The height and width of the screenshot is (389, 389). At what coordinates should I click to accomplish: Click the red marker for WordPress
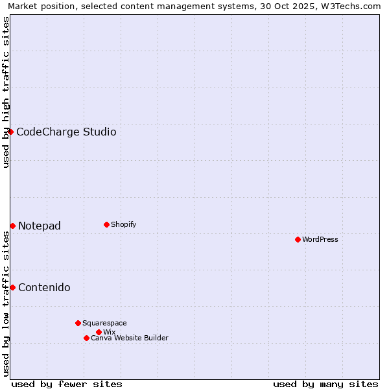[x=298, y=239]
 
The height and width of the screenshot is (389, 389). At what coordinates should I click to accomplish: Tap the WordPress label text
[x=320, y=239]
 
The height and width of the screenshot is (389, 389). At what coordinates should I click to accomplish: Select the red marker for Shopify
[x=106, y=224]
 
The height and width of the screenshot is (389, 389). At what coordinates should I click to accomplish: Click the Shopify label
[x=124, y=224]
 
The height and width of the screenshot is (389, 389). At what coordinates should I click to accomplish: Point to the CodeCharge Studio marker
[x=10, y=132]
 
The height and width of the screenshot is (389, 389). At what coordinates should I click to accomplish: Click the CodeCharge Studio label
[x=66, y=132]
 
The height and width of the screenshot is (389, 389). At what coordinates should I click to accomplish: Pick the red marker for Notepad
[x=12, y=226]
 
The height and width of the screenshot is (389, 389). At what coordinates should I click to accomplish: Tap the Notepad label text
[x=40, y=226]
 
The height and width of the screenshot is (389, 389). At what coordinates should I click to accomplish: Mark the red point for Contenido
[x=12, y=287]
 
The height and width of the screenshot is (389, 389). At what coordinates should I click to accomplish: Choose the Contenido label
[x=44, y=287]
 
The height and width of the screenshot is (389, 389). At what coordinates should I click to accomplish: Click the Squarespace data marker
[x=78, y=323]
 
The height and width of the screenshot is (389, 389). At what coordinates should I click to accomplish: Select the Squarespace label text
[x=105, y=323]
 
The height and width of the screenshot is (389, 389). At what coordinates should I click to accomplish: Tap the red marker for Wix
[x=99, y=332]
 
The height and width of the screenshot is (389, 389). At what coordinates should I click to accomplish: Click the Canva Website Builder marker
[x=86, y=338]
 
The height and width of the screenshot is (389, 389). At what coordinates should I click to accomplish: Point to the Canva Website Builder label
[x=130, y=338]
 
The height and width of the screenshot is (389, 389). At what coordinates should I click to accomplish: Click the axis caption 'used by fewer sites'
[x=67, y=384]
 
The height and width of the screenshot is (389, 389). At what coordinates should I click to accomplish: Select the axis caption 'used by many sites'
[x=325, y=384]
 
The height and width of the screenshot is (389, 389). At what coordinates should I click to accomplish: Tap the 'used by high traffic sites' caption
[x=6, y=92]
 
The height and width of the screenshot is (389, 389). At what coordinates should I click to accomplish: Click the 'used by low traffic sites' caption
[x=6, y=303]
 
